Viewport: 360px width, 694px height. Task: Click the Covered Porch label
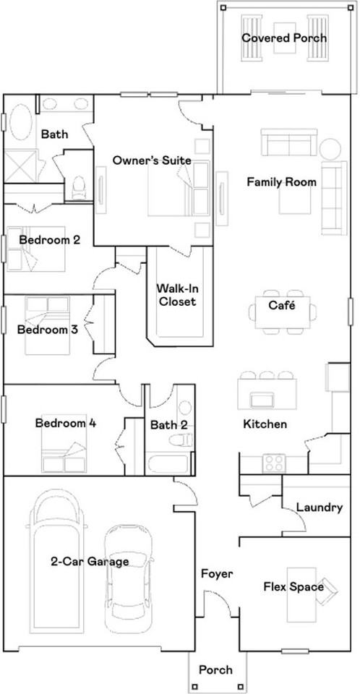[284, 38]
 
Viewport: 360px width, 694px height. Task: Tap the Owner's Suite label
[152, 160]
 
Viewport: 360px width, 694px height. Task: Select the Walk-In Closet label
[177, 295]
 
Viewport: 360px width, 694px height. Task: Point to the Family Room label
[282, 182]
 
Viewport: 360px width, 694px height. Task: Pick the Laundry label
[320, 507]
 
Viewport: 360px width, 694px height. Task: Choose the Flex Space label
[293, 587]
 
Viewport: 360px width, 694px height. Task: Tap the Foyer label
[217, 574]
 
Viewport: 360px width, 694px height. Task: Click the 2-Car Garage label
[90, 562]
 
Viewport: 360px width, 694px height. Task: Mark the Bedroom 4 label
[66, 423]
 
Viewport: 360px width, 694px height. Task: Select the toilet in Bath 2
[181, 440]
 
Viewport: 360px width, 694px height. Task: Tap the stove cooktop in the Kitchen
[274, 463]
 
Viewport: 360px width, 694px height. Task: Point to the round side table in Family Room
[330, 149]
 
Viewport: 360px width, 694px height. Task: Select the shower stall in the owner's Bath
[20, 166]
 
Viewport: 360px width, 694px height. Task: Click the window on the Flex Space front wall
[296, 651]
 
